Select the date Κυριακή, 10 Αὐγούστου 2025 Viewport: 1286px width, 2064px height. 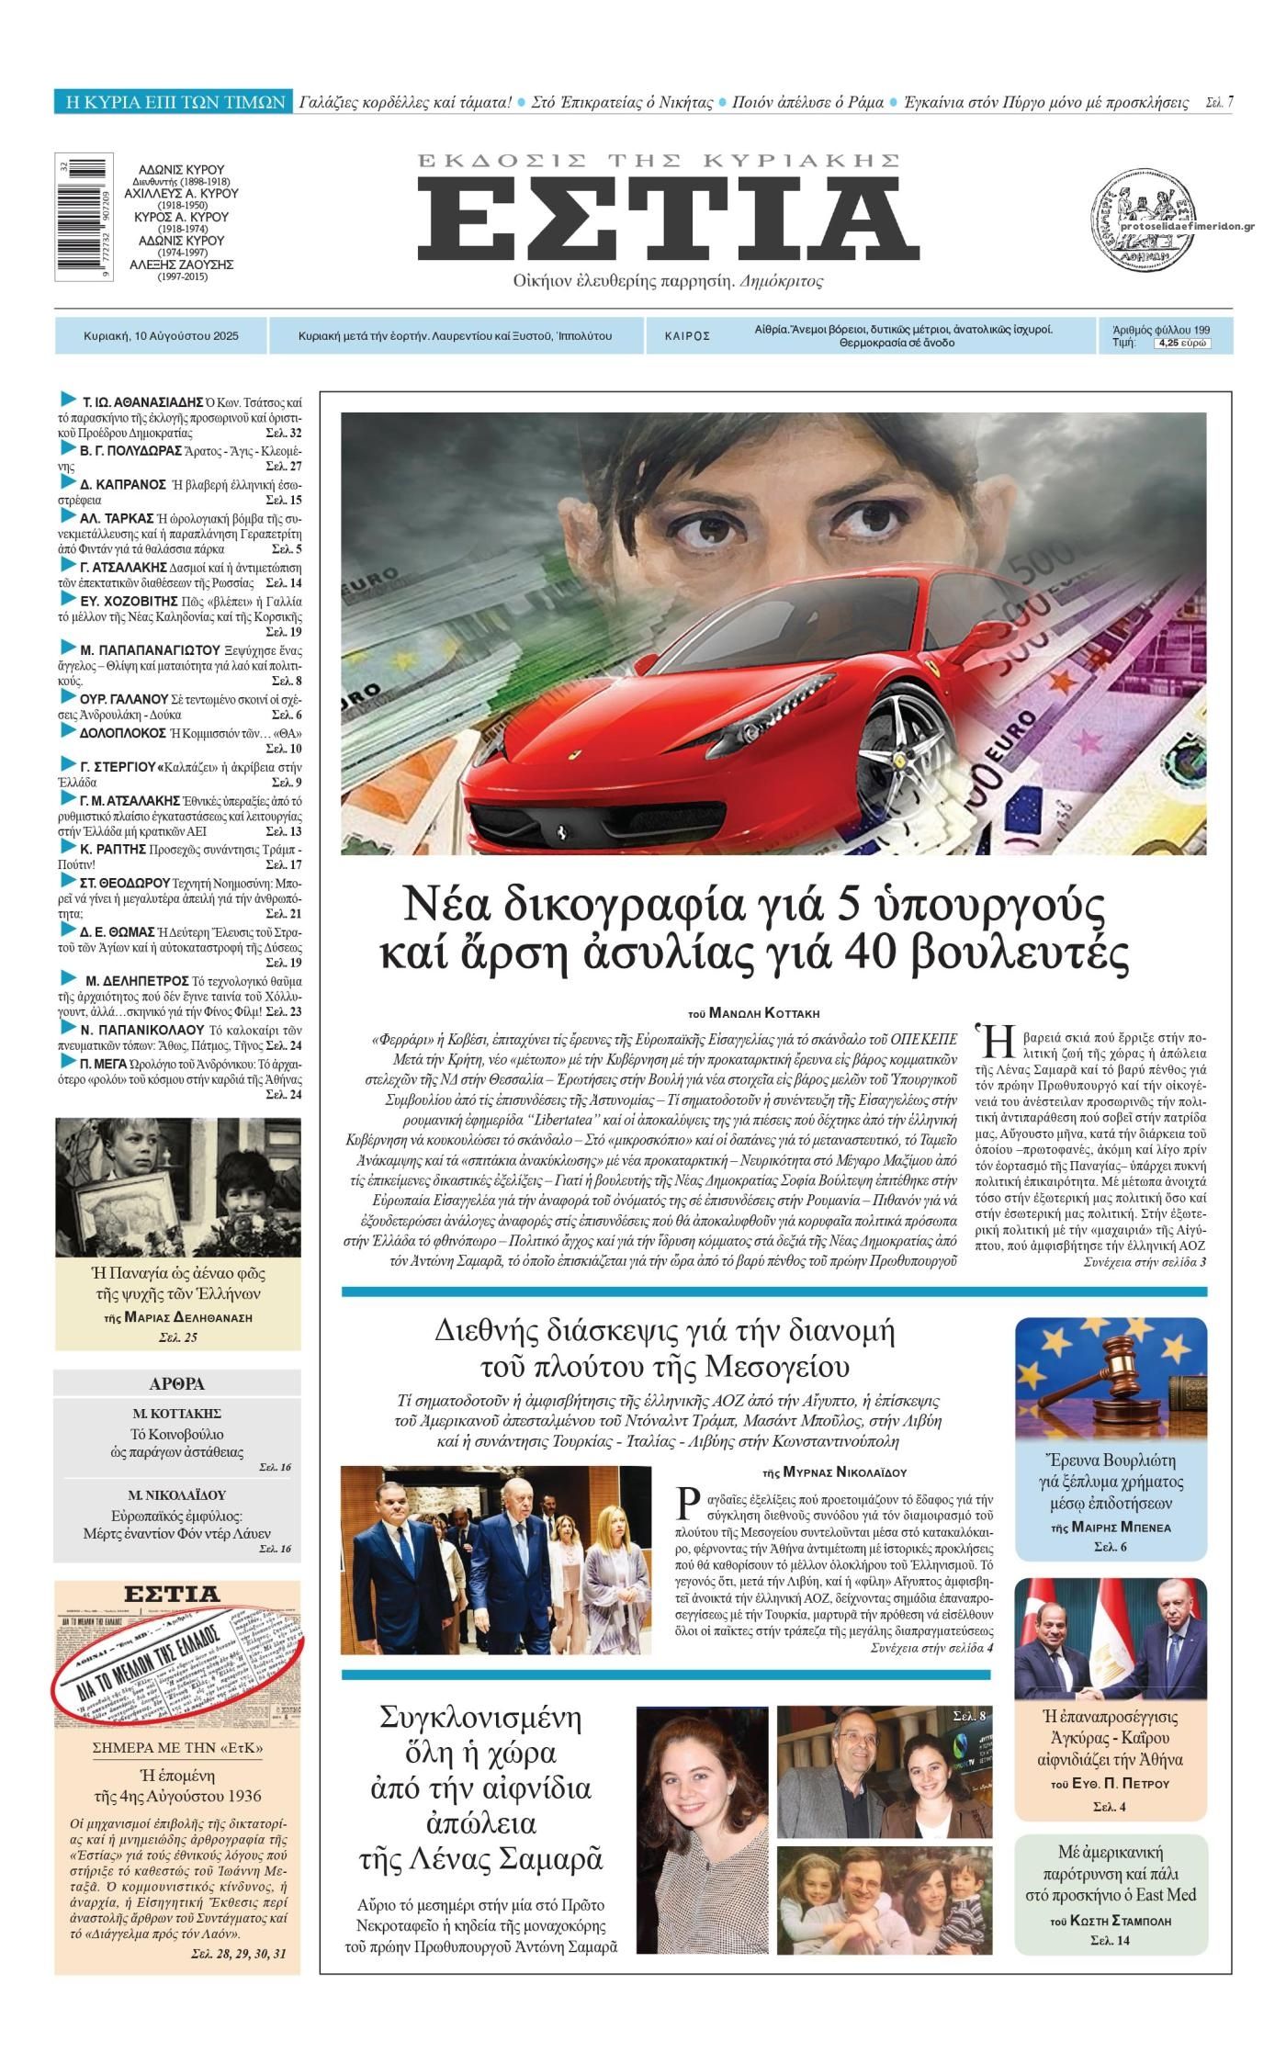161,336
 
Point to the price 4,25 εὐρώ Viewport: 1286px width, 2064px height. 1181,344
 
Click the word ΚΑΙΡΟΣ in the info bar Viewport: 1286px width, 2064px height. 687,336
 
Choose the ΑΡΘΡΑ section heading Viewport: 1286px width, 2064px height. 176,1384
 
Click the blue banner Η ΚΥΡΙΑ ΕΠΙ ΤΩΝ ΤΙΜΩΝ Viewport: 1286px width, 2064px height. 172,102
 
